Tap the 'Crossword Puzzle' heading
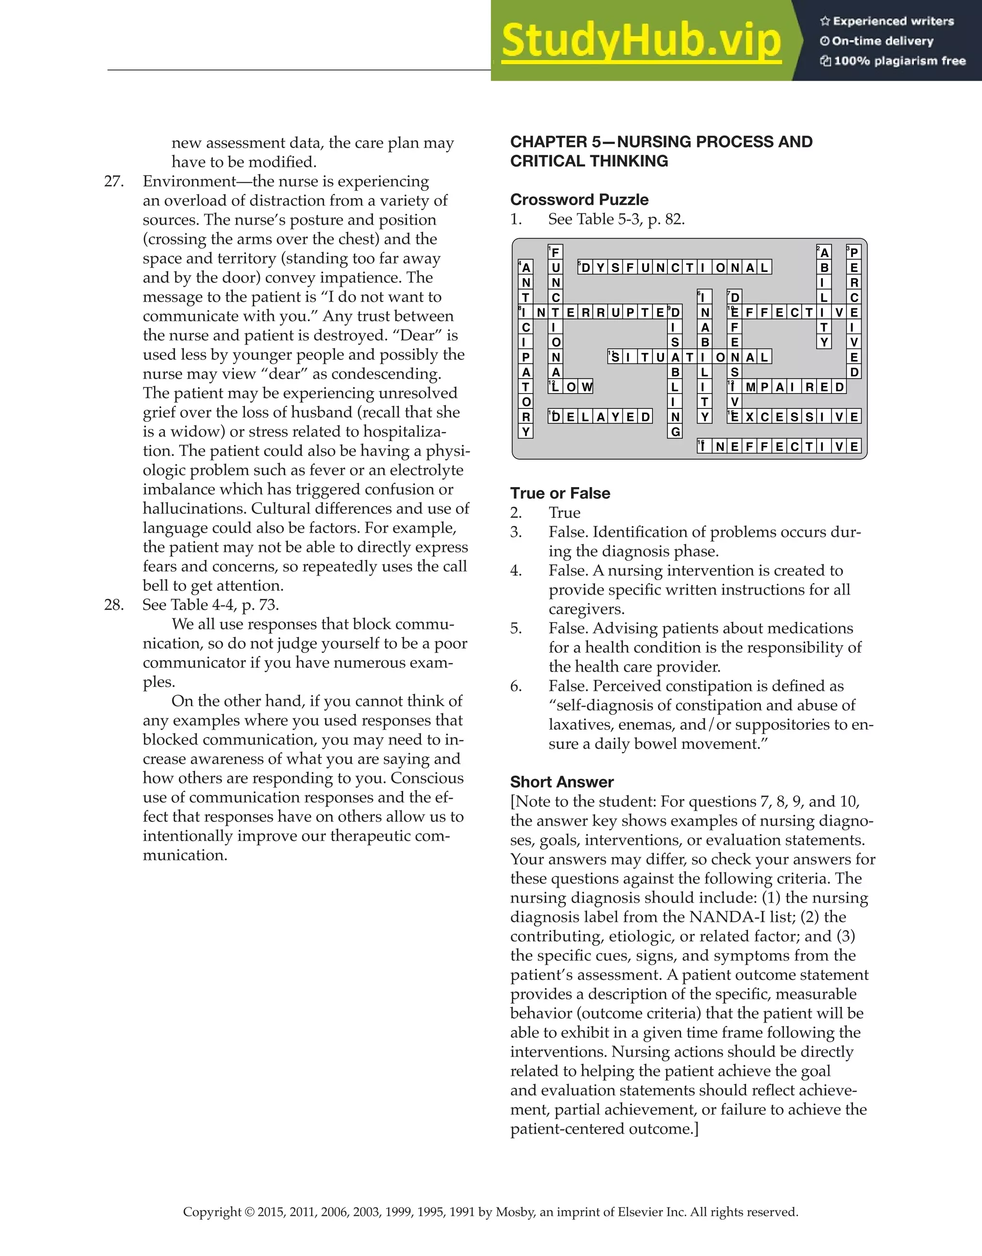pyautogui.click(x=579, y=199)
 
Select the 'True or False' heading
pyautogui.click(x=560, y=493)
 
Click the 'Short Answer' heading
pyautogui.click(x=561, y=781)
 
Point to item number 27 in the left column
pyautogui.click(x=113, y=181)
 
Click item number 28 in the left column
pyautogui.click(x=113, y=605)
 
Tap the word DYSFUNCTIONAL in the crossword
pyautogui.click(x=674, y=267)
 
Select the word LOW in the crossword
pyautogui.click(x=571, y=386)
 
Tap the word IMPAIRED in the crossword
pyautogui.click(x=786, y=386)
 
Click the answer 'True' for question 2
pyautogui.click(x=564, y=512)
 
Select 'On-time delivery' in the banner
pyautogui.click(x=882, y=41)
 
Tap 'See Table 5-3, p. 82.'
pyautogui.click(x=616, y=219)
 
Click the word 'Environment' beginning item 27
pyautogui.click(x=189, y=181)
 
